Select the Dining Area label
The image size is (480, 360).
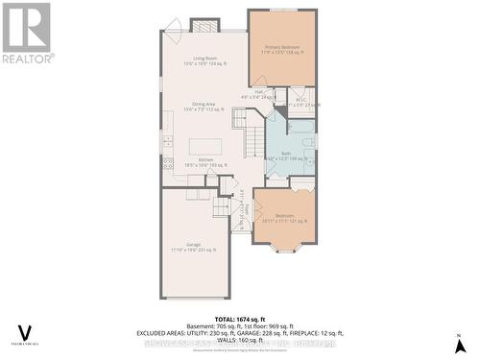(x=203, y=107)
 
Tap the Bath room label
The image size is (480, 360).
(x=285, y=155)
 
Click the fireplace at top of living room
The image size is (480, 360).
(x=204, y=24)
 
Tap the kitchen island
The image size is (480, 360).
(x=204, y=147)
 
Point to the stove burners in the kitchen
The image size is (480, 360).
(x=167, y=162)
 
